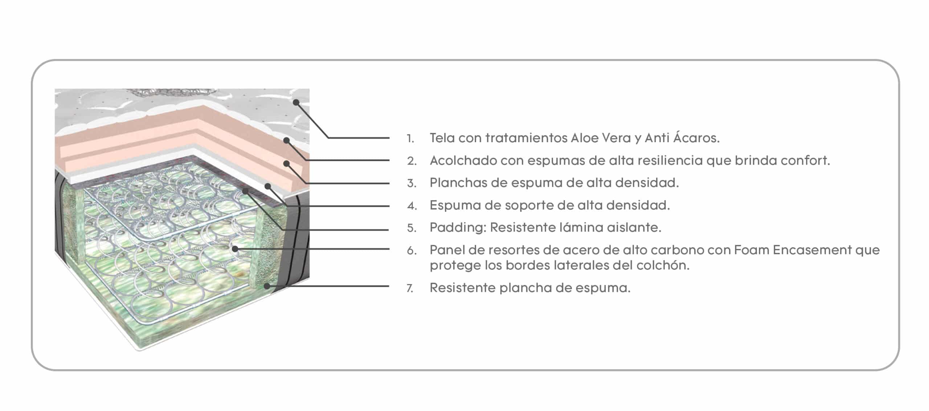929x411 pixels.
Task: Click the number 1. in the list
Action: pyautogui.click(x=410, y=139)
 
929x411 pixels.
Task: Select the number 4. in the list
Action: pyautogui.click(x=412, y=206)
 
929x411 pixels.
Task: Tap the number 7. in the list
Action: pyautogui.click(x=410, y=288)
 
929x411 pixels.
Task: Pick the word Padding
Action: pyautogui.click(x=458, y=228)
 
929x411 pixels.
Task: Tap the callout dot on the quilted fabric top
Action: pyautogui.click(x=296, y=103)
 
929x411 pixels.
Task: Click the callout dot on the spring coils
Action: pyautogui.click(x=235, y=249)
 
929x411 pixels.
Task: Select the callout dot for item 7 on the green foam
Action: pyautogui.click(x=267, y=286)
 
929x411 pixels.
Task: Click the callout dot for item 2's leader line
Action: pyautogui.click(x=286, y=140)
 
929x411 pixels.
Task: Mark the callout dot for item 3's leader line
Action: pyautogui.click(x=286, y=164)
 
